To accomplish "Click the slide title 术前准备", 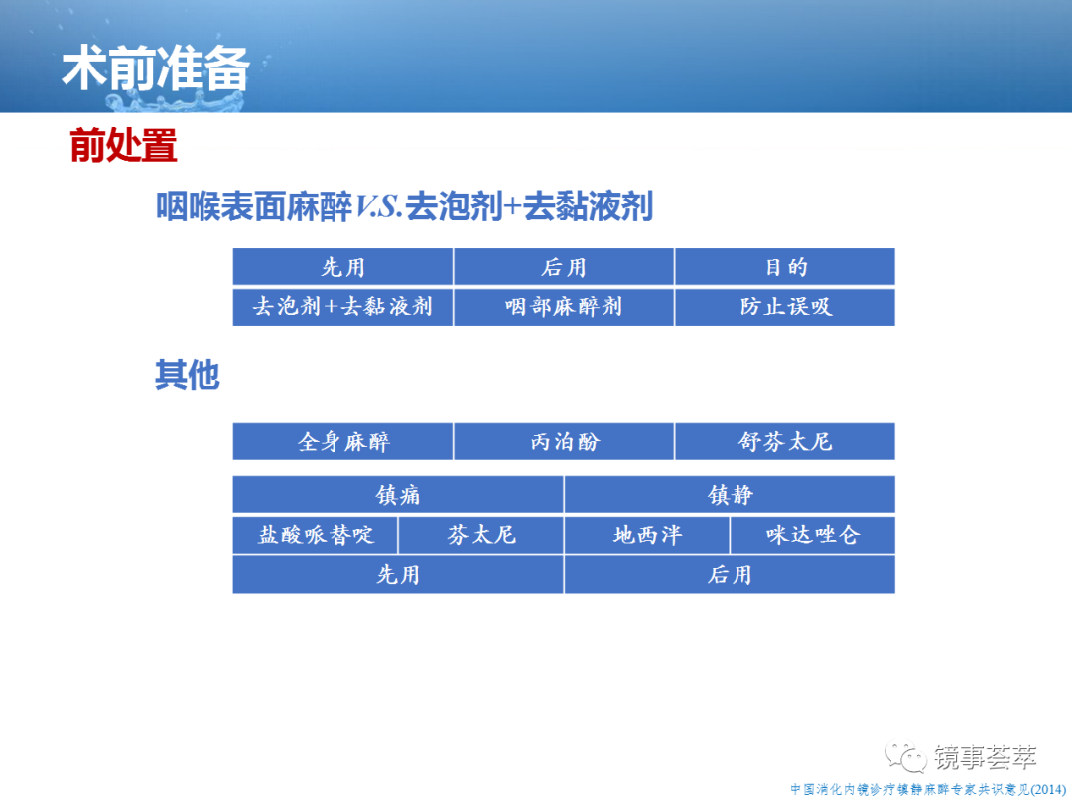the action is tap(156, 68).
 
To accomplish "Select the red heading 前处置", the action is tap(124, 145).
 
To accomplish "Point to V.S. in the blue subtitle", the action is tap(379, 206).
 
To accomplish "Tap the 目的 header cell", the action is tap(785, 267).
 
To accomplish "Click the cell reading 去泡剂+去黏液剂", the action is tap(342, 307).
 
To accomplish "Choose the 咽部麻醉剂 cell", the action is tap(564, 307).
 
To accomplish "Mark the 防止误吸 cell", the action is tap(785, 307).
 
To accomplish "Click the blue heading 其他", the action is tap(188, 375).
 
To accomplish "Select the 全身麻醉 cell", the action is tap(342, 441).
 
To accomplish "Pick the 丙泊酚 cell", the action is tap(564, 441).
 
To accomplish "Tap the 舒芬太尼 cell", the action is tap(785, 441).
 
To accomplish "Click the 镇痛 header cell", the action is tap(398, 494).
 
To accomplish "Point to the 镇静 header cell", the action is tap(730, 494).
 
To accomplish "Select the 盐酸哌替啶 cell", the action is tap(316, 535).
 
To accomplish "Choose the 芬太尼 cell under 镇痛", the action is tap(480, 535).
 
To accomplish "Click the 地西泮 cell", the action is tap(647, 535).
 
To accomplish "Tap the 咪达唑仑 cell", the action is tap(813, 535).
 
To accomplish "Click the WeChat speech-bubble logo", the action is tap(906, 757).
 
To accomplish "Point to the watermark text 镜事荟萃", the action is tap(986, 757).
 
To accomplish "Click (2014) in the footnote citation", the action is tap(1047, 790).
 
